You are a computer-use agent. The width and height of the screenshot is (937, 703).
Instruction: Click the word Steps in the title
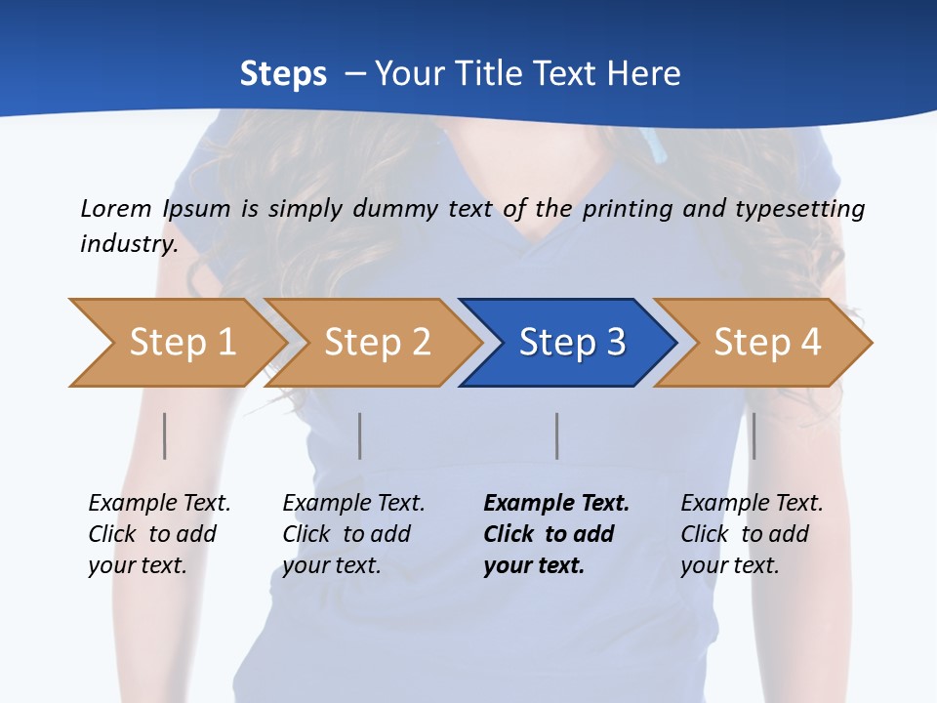283,74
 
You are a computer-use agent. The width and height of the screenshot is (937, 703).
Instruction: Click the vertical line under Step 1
165,435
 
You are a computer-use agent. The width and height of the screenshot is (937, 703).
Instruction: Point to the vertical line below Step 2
360,435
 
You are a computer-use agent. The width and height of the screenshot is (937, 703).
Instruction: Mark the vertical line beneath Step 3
557,435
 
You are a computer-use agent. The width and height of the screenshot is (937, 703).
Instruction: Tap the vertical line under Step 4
754,435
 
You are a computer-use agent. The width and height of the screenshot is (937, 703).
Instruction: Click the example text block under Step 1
159,534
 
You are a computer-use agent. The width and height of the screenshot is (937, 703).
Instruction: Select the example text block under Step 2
353,534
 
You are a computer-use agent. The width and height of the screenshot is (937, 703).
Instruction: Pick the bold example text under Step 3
556,534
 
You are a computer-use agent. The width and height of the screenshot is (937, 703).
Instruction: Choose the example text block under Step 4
752,534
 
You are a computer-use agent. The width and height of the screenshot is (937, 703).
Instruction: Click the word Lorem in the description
115,208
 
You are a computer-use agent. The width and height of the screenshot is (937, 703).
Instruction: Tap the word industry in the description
129,243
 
